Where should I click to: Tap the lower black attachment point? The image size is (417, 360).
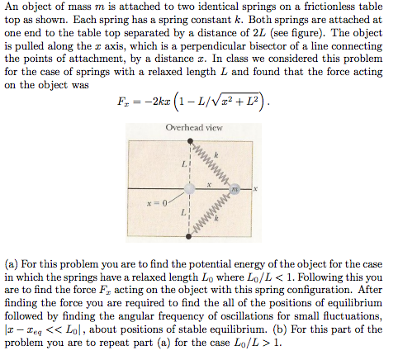190,238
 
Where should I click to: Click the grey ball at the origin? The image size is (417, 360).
190,189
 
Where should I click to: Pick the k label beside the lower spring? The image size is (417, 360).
216,220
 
